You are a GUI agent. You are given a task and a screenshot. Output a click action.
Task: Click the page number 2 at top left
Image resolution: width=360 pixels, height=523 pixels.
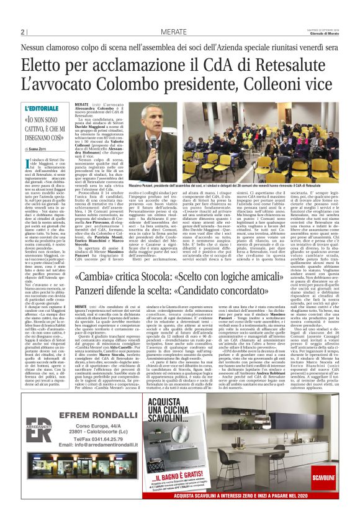pyautogui.click(x=23, y=33)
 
